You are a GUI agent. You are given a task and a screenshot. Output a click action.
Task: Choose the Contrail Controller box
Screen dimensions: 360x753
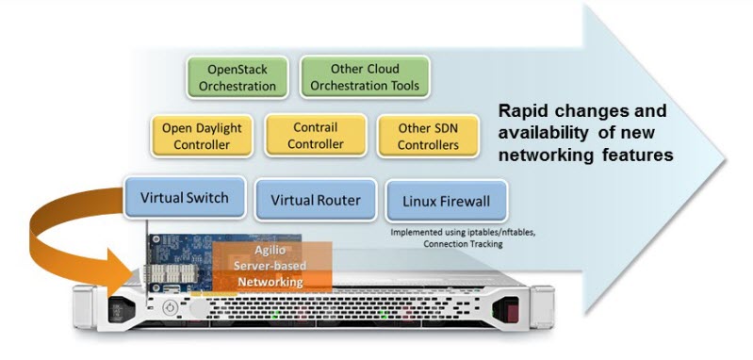pos(315,136)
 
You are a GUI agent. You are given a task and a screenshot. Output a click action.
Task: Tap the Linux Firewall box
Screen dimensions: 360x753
pos(446,201)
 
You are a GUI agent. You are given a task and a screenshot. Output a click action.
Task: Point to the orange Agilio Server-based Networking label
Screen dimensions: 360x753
pos(270,268)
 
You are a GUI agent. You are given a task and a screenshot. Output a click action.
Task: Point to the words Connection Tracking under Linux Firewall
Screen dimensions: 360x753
pos(461,243)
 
